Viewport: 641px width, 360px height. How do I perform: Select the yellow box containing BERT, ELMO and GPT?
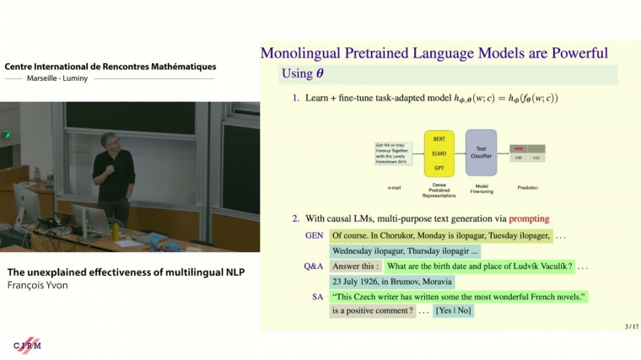pyautogui.click(x=439, y=153)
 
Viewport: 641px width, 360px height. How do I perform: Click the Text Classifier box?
pyautogui.click(x=481, y=153)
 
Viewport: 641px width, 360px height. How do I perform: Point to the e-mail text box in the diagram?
pyautogui.click(x=394, y=153)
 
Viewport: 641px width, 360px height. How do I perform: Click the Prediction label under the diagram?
pyautogui.click(x=528, y=187)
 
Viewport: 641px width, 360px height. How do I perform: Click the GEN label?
pyautogui.click(x=314, y=236)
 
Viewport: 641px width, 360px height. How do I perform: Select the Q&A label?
pyautogui.click(x=313, y=266)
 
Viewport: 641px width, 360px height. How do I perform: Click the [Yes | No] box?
pyautogui.click(x=454, y=311)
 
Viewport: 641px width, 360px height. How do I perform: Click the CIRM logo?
pyautogui.click(x=27, y=346)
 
